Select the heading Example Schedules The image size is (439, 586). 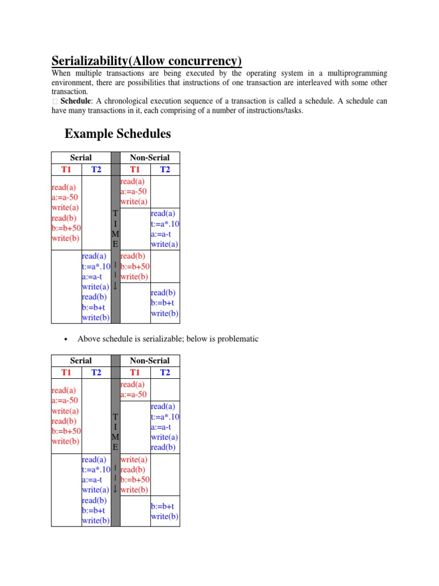point(118,134)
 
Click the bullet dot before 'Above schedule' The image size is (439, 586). point(66,339)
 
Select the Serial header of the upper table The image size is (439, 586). point(81,157)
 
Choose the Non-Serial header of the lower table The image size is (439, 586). point(150,361)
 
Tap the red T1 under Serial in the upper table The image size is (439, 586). point(66,169)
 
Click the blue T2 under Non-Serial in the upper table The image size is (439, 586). point(165,169)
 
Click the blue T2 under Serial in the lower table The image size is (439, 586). point(96,373)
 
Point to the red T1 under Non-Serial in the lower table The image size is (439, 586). point(135,373)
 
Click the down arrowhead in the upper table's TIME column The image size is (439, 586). point(115,286)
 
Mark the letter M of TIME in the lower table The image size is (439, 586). point(115,437)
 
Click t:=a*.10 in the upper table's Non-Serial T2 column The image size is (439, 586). point(165,224)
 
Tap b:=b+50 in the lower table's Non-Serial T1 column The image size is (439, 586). point(135,480)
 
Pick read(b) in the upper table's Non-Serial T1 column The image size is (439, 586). point(133,256)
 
